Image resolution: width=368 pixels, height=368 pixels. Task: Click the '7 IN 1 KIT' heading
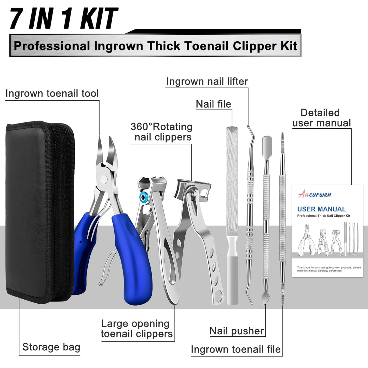64,18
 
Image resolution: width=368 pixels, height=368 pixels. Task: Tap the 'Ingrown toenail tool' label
52,93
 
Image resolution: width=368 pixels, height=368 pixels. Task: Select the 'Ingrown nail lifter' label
207,81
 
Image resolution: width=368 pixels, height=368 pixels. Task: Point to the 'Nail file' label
213,104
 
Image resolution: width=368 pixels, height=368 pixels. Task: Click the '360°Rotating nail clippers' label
161,132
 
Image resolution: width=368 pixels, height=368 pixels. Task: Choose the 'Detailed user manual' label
321,118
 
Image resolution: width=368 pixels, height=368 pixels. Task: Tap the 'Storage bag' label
51,347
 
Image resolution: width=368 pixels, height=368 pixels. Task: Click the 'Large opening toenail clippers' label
137,329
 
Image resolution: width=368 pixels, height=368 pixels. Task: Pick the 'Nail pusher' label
237,331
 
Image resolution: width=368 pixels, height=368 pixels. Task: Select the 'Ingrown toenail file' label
236,349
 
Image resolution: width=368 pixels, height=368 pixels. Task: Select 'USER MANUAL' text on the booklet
321,209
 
